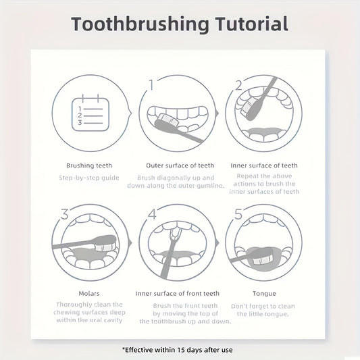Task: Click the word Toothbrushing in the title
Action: point(140,24)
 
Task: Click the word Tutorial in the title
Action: point(252,24)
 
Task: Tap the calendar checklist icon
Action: point(91,113)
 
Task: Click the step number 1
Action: point(151,84)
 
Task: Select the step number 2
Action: point(239,85)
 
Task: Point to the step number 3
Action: point(65,214)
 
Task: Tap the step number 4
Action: point(152,214)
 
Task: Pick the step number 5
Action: point(238,214)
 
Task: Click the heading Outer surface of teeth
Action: point(180,165)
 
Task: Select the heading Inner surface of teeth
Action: point(264,165)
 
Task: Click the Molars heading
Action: point(89,293)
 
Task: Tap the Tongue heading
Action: point(264,294)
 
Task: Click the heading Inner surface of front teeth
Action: point(177,293)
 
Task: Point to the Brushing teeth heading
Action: point(89,165)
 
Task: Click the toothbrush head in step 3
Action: point(105,243)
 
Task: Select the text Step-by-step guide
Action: point(89,178)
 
